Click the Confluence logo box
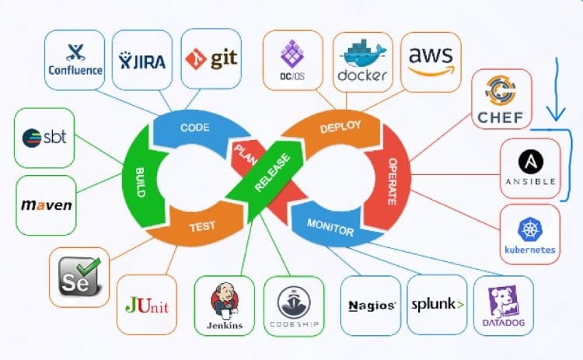(75, 59)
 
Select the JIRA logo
(143, 59)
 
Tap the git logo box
(211, 58)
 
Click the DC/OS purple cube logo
(292, 58)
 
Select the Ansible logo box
(529, 168)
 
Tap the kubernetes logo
(529, 235)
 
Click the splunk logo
(437, 305)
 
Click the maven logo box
(46, 205)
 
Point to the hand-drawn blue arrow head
(556, 117)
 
